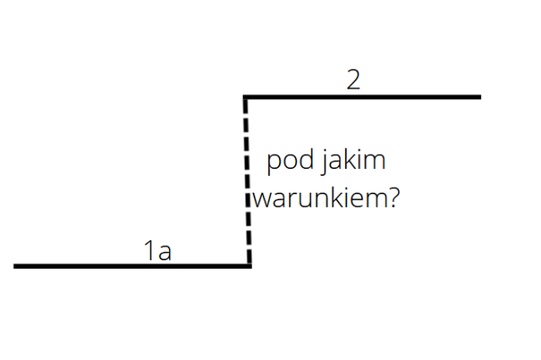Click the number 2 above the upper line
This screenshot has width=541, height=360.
[x=353, y=79]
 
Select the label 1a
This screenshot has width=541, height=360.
[x=158, y=250]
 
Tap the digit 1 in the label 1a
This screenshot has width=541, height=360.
[x=150, y=250]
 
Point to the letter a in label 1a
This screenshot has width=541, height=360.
[x=165, y=253]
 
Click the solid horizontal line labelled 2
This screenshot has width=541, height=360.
[x=362, y=97]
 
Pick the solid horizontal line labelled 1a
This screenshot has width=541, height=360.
[x=133, y=266]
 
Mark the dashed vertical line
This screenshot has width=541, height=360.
[x=247, y=182]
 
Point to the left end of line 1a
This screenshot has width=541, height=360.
[x=14, y=266]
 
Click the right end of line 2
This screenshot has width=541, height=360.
[x=481, y=97]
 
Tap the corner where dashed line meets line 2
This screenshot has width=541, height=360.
[x=244, y=97]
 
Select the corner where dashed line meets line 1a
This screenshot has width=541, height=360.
[x=250, y=266]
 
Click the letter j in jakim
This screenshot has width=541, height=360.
[x=324, y=162]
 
